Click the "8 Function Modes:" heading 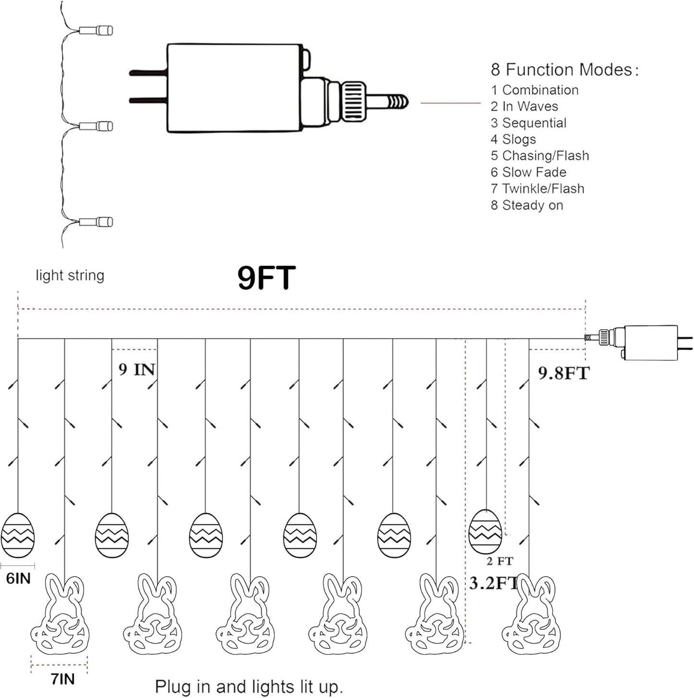point(564,70)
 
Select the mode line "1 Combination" point(535,90)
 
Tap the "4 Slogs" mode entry point(513,139)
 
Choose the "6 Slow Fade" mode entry point(528,172)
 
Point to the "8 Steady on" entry point(527,205)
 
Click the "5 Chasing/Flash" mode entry point(540,156)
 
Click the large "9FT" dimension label point(267,277)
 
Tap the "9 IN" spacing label point(137,370)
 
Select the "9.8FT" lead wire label point(563,373)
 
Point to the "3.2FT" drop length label point(493,583)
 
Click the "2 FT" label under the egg point(500,561)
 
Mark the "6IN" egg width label point(18,578)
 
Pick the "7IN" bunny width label point(63,679)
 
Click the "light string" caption point(70,275)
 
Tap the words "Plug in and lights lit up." point(249,687)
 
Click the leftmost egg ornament point(18,535)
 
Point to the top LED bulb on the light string point(96,30)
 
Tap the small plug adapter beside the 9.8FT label point(642,342)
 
